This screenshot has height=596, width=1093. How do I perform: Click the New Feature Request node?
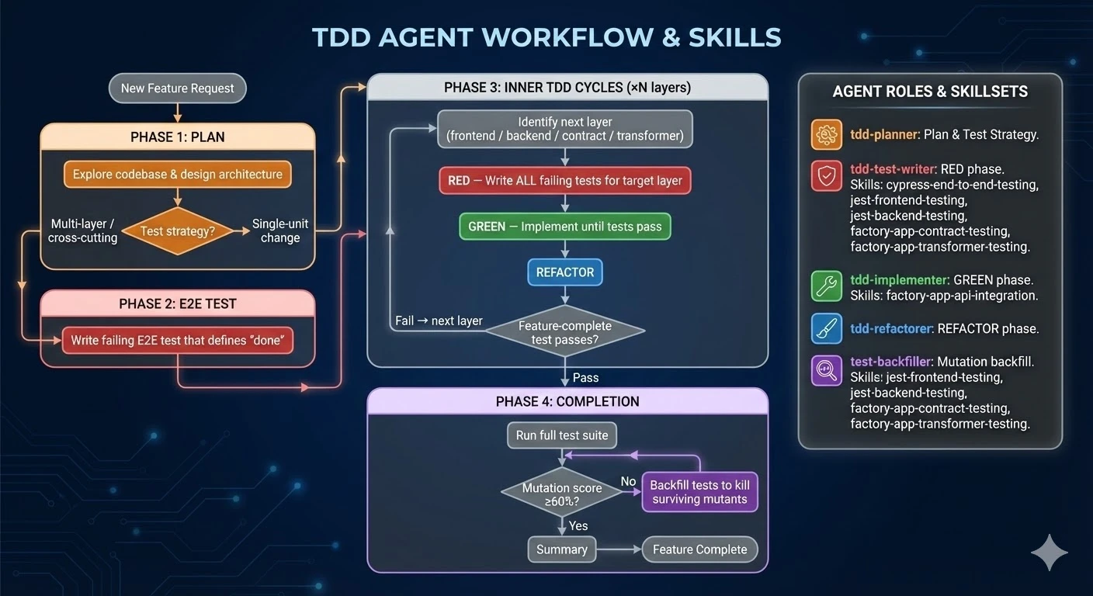coord(177,88)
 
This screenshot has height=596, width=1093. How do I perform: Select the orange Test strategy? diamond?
coord(178,230)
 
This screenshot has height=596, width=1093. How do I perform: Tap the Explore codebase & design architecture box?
coord(177,175)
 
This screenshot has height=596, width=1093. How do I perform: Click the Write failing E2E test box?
coord(178,341)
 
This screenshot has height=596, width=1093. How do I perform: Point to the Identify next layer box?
coord(564,129)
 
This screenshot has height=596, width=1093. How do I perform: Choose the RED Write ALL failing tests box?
coord(564,181)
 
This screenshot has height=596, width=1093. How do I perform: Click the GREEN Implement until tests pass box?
coord(564,227)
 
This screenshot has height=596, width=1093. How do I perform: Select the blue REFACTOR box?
coord(564,272)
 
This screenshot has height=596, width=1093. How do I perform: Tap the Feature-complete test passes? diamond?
coord(564,332)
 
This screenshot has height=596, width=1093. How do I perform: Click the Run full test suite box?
coord(562,435)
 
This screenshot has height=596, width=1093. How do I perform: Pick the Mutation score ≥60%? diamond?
coord(562,494)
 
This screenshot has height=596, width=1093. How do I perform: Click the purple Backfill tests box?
coord(699,492)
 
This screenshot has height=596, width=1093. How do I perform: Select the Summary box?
coord(561,549)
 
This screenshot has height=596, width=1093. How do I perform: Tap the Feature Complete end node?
coord(699,549)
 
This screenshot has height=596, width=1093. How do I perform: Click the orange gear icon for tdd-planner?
coord(826,134)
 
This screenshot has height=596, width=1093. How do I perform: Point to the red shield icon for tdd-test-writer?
coord(826,176)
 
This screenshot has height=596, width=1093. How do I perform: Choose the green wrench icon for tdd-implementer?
coord(826,286)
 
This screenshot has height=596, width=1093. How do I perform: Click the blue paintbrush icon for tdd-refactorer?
coord(826,328)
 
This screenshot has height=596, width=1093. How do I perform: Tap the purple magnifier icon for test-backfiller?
coord(826,370)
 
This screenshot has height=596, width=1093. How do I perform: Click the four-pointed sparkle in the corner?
coord(1049,553)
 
